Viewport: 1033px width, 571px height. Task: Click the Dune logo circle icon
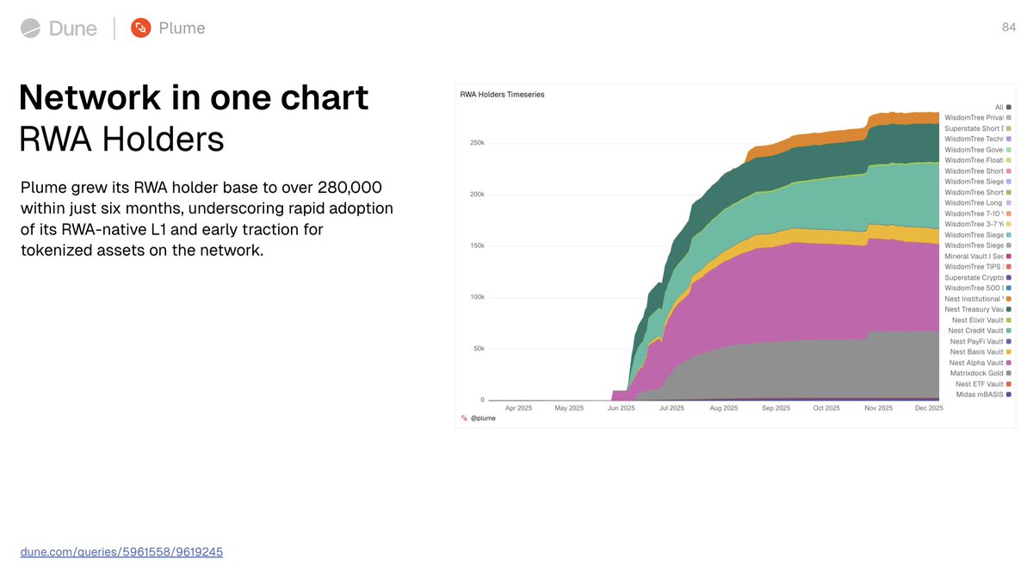(30, 28)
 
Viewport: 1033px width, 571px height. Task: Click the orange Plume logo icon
(140, 28)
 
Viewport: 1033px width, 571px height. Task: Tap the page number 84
(1009, 28)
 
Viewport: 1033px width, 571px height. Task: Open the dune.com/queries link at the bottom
(121, 551)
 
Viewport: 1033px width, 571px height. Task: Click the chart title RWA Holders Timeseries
(503, 94)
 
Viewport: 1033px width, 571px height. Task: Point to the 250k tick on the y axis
(476, 142)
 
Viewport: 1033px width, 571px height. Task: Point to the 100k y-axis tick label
(476, 297)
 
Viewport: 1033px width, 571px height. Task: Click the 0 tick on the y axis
(481, 400)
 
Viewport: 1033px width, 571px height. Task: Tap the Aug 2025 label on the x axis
(724, 408)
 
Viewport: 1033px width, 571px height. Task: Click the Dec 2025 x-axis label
(930, 408)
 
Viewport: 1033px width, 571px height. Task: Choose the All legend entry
(999, 107)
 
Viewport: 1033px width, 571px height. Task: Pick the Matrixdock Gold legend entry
(976, 373)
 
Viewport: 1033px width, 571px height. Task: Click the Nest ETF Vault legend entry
(979, 384)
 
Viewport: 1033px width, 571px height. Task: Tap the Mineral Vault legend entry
(973, 256)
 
